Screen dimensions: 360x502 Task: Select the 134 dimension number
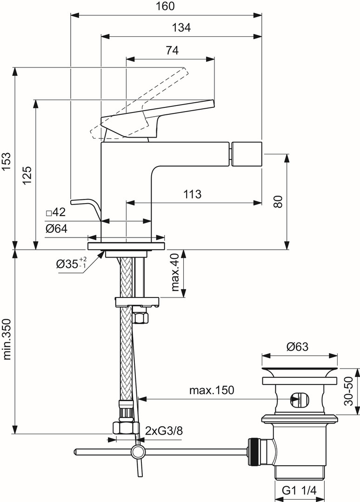point(181,27)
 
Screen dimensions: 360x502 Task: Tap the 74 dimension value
point(172,50)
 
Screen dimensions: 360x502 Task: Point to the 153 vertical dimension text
point(7,163)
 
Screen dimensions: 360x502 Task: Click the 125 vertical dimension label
point(27,175)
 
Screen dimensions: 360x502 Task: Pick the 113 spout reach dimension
point(192,194)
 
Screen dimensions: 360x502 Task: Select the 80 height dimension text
point(278,202)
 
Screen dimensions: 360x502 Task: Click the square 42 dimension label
point(56,212)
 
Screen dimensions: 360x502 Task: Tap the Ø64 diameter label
point(56,229)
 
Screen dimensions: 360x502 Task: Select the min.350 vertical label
point(7,339)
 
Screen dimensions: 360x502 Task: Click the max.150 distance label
point(212,390)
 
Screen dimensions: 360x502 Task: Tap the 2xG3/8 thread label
point(164,431)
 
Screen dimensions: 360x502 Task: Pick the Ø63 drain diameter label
point(298,347)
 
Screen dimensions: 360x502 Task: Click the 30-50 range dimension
point(348,391)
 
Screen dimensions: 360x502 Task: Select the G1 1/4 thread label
point(300,490)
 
